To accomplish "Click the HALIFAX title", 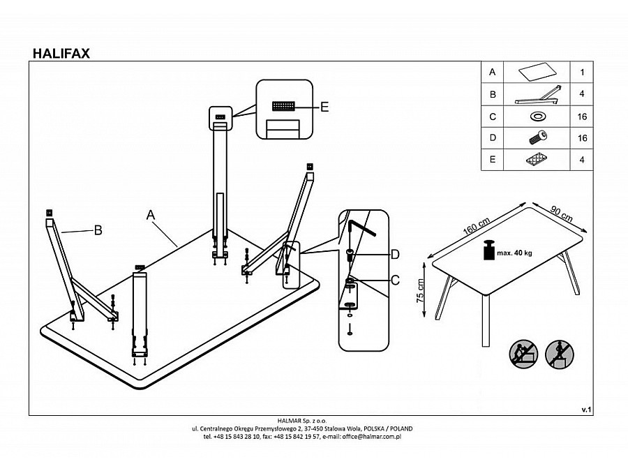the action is [x=61, y=53].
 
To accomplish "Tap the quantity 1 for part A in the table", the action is [x=582, y=72].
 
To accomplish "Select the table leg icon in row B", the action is [x=537, y=95].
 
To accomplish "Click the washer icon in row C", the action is [x=537, y=117].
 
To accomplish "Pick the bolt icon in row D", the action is [x=537, y=137].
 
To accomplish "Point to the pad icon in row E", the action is [x=537, y=159].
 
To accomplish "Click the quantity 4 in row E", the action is [x=582, y=160].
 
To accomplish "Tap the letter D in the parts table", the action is [x=493, y=137].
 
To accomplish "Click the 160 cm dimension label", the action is [x=476, y=227].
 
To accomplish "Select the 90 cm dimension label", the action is [x=562, y=214].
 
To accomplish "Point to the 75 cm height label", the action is [x=420, y=291].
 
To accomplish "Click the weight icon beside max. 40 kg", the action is [x=488, y=250].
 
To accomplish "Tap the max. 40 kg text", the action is [x=514, y=253].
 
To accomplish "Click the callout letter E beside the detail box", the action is [x=324, y=107].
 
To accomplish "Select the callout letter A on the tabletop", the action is [x=150, y=215].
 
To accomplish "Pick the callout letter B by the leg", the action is [x=98, y=230].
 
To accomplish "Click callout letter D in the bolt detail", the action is [x=395, y=254].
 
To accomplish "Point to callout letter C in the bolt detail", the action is [x=395, y=280].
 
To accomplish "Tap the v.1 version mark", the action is [x=586, y=410].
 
